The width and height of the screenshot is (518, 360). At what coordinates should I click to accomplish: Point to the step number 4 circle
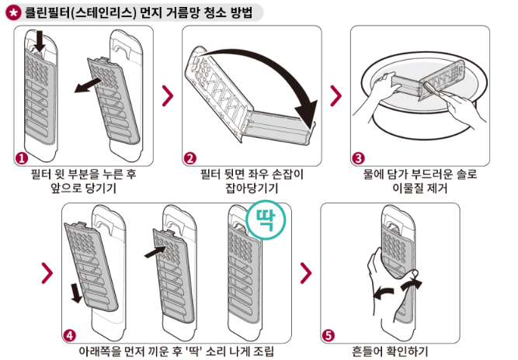tap(70, 335)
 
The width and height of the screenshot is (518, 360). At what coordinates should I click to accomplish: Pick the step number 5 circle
tap(329, 335)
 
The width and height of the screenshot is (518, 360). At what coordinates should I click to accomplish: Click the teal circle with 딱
tap(265, 219)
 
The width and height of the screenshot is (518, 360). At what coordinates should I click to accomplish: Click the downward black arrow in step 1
tap(40, 47)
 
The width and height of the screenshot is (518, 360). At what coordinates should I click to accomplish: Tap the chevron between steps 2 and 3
tap(335, 95)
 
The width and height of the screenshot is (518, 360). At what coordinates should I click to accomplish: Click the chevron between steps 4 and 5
tap(306, 272)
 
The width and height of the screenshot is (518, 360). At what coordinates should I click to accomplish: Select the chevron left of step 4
tap(47, 272)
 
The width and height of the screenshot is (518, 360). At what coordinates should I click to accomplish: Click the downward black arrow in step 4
tap(76, 292)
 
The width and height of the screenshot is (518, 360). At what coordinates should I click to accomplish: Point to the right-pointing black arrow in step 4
tap(155, 251)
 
